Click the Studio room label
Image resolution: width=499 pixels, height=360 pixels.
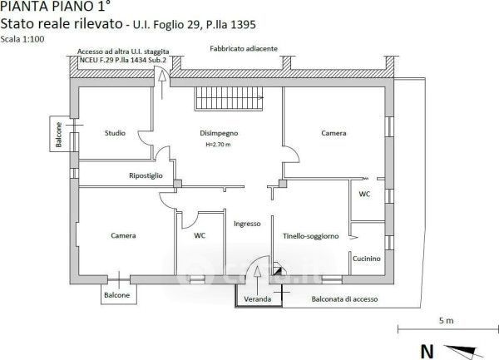pos(115,133)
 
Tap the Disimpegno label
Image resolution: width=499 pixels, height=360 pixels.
pos(219,133)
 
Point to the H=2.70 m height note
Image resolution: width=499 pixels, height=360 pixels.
pos(218,145)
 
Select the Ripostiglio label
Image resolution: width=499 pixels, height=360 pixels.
pos(146,175)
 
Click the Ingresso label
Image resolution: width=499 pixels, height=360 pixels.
pos(247,224)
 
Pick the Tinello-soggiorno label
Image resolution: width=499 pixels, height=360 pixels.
pos(311,236)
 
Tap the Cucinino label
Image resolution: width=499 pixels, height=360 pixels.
pos(367,259)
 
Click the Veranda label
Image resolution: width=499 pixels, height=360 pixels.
pos(258,299)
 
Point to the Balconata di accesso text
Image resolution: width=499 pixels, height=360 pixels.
pos(344,299)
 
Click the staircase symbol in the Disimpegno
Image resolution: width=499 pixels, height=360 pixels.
pos(230,99)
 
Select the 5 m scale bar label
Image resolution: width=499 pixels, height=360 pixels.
pos(446,321)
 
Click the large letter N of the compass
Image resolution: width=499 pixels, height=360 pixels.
pos(427,352)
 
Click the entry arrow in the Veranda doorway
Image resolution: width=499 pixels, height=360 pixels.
pos(257,280)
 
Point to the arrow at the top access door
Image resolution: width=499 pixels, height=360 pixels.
pos(162,85)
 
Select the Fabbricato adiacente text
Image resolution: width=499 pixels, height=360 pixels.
pos(244,49)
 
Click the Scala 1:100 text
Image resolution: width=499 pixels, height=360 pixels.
pos(22,39)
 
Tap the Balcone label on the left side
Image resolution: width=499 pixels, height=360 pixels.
pos(58,135)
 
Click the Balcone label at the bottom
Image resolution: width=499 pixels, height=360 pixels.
pos(116,295)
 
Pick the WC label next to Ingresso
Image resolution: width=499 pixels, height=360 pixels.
pos(200,235)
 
